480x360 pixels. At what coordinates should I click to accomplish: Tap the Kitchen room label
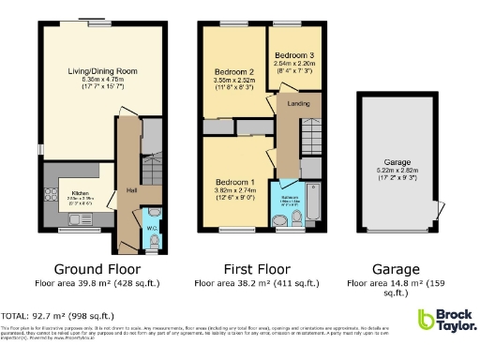[x=81, y=193]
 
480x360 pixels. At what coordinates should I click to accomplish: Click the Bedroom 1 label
[x=235, y=181]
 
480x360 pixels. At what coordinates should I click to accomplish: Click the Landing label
[x=298, y=102]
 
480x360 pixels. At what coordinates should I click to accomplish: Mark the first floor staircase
[x=310, y=141]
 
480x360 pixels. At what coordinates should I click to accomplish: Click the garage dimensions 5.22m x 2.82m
[x=392, y=170]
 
